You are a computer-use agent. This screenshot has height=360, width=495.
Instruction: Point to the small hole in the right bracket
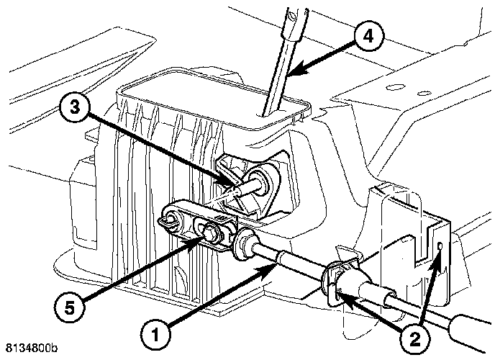(440, 248)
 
